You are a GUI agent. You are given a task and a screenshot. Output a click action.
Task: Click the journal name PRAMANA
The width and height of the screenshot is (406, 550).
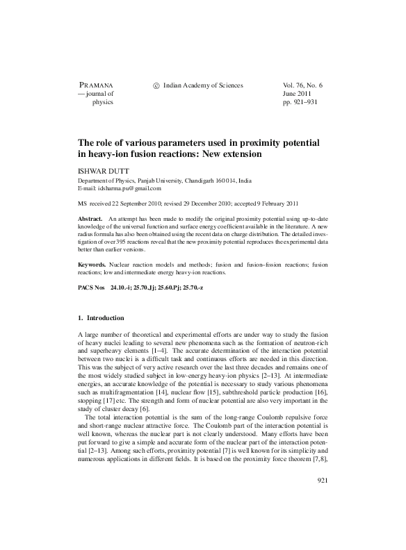(x=97, y=85)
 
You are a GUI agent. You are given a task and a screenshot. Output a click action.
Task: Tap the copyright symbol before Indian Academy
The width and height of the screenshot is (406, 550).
(x=156, y=85)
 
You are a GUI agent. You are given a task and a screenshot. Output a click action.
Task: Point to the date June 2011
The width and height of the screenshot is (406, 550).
(x=298, y=94)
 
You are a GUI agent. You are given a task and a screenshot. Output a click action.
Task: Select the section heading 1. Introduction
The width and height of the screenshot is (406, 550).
(x=101, y=318)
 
